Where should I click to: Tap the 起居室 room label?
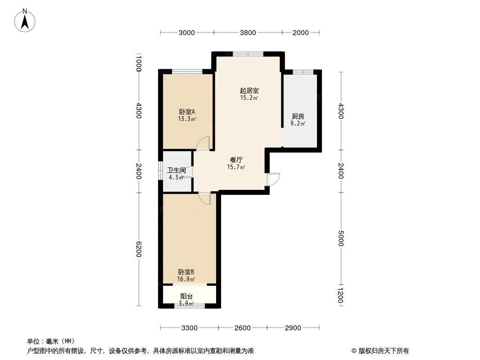point(249,90)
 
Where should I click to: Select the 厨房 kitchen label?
point(298,116)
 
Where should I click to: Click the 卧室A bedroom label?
point(186,112)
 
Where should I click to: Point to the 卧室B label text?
point(186,272)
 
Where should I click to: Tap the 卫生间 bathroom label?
point(177,171)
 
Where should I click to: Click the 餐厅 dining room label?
point(236,160)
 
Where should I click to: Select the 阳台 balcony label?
point(187,297)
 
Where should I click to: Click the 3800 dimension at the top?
point(248,32)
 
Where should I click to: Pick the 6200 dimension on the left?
point(139,249)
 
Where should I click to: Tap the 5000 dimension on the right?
point(341,238)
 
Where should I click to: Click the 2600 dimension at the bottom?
point(242,328)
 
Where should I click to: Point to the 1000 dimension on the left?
point(139,63)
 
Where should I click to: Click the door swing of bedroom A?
point(204,143)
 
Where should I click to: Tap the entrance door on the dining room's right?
point(273,179)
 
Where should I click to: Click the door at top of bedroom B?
point(205,198)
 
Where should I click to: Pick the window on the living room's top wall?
point(248,54)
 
